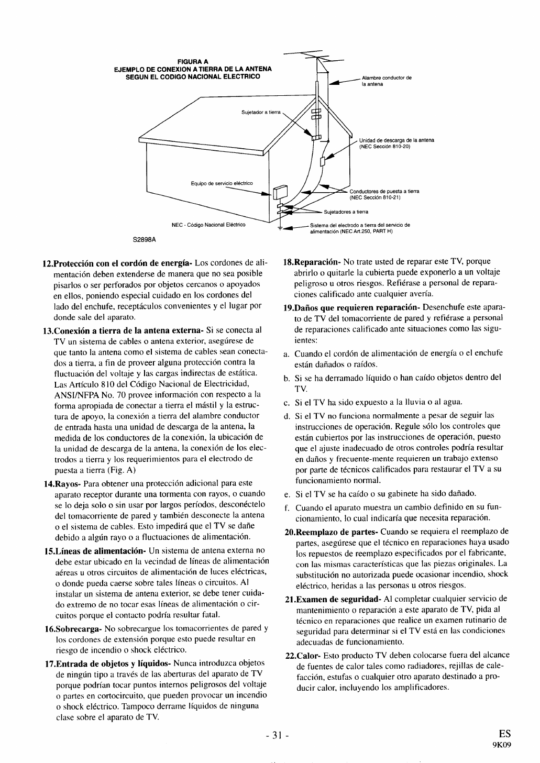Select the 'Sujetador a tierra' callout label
tap(261, 112)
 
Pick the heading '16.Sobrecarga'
tap(73, 628)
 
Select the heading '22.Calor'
tap(302, 655)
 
